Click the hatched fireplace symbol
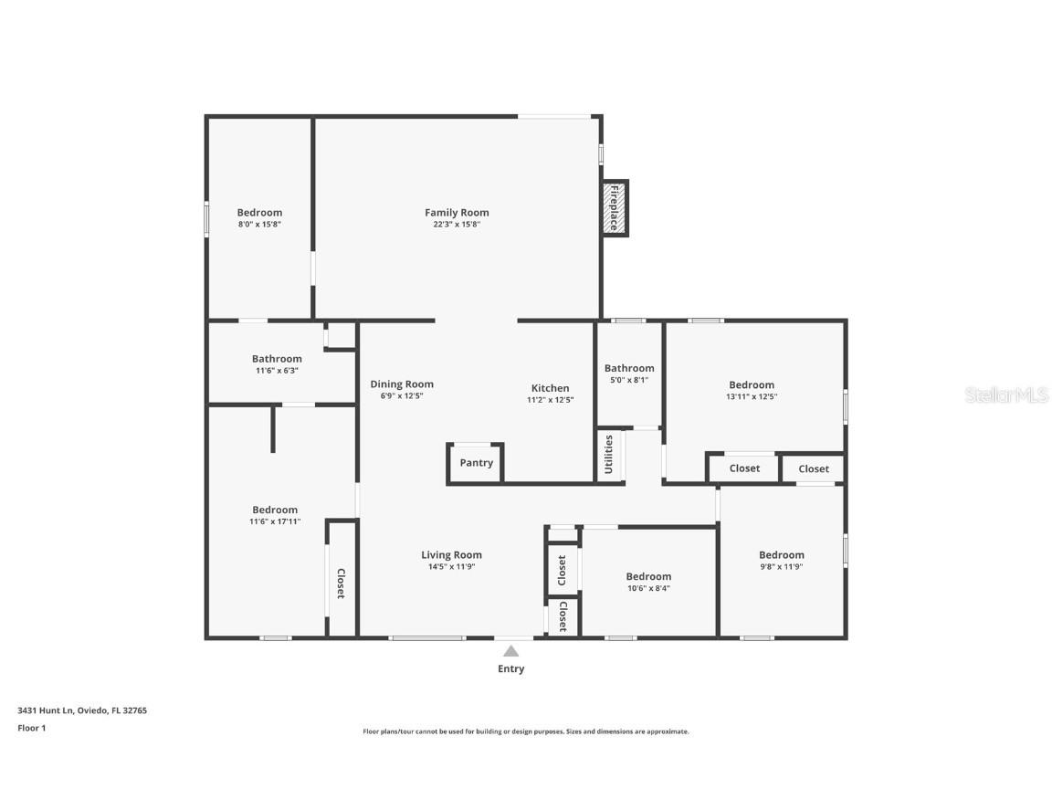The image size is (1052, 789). click(x=615, y=207)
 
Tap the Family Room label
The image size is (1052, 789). click(x=457, y=213)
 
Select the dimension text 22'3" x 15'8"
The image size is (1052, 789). click(x=457, y=225)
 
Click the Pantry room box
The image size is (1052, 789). click(x=476, y=463)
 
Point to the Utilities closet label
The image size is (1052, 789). click(x=609, y=454)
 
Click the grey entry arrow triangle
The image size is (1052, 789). click(x=511, y=651)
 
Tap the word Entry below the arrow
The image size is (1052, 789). click(x=511, y=669)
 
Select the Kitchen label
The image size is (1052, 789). click(x=550, y=388)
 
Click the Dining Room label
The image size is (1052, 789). click(x=402, y=384)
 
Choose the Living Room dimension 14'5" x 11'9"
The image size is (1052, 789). click(x=451, y=567)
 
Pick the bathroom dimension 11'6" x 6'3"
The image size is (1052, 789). click(x=277, y=371)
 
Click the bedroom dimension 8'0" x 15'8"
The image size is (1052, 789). click(x=259, y=225)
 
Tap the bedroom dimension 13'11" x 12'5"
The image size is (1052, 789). click(x=752, y=397)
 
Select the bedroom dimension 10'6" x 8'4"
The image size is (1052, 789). click(x=648, y=588)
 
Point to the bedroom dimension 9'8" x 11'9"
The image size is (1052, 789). click(x=782, y=567)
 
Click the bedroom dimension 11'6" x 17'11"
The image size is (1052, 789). click(x=275, y=522)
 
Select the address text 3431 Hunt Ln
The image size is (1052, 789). click(x=46, y=710)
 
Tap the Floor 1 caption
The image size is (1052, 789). click(x=31, y=729)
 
